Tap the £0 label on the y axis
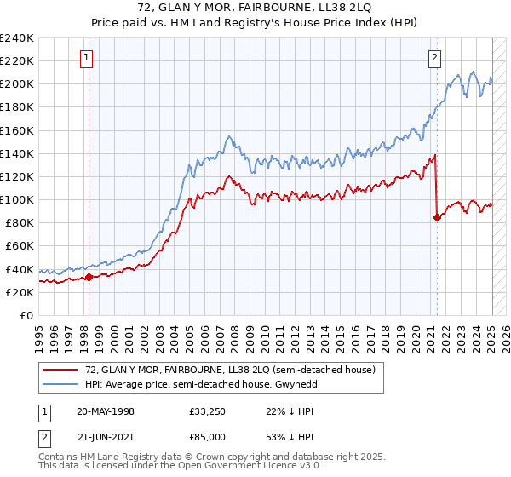[26, 315]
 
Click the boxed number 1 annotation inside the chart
[88, 58]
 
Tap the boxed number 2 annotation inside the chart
[434, 58]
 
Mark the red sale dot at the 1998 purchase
[89, 277]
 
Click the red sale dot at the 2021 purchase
[437, 217]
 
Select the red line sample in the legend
[60, 370]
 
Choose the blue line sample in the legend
[60, 384]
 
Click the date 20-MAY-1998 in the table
[105, 412]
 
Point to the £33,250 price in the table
[208, 412]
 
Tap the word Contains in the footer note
[60, 458]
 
